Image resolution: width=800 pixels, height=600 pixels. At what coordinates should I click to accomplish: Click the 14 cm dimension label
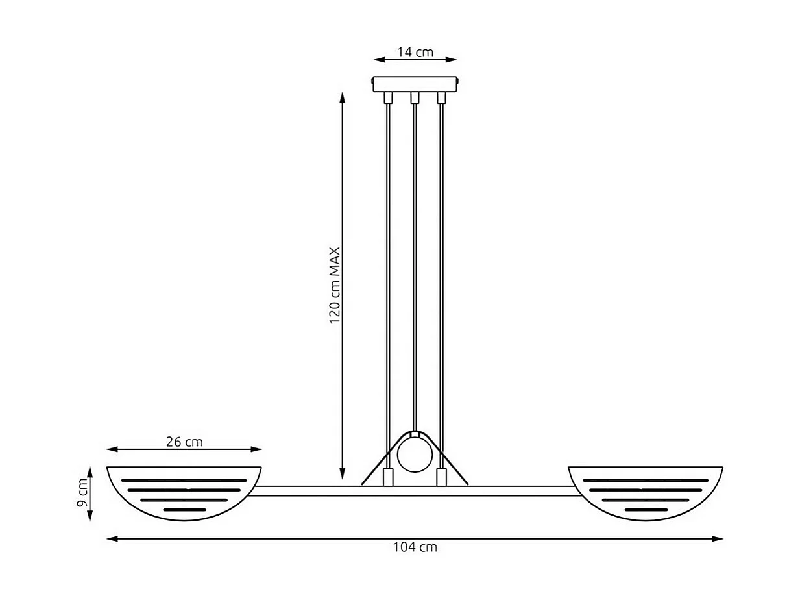coord(415,53)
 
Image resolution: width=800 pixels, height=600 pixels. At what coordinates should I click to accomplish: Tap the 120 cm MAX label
coord(335,286)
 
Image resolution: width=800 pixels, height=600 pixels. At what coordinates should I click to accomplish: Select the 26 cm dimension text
coord(184,442)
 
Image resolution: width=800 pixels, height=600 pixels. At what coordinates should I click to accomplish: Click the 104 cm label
coord(415,547)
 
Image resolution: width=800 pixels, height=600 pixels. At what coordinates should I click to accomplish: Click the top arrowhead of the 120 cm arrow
coord(343,97)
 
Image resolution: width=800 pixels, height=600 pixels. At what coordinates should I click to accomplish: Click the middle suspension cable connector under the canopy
coord(415,98)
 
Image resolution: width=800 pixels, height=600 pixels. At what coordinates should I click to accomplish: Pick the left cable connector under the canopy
coord(388,98)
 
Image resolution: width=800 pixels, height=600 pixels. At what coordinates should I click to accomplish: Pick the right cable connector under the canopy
coord(442,98)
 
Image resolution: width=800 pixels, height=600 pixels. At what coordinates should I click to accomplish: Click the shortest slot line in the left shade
coord(184,510)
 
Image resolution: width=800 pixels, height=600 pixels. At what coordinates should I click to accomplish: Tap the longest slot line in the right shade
coord(646,480)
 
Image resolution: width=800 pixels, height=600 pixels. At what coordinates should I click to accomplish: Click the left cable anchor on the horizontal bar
coord(388,477)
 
